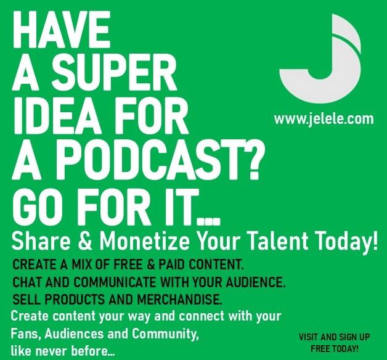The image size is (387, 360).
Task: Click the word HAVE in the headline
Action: pos(62,30)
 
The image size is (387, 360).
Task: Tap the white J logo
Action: pos(321,59)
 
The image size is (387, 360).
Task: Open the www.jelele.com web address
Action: pos(324,119)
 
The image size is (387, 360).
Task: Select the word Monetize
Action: pos(145,240)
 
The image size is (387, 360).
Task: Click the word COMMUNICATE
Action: pos(115,282)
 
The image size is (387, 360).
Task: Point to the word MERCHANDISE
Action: pos(180,300)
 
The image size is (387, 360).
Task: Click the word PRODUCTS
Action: pos(75,300)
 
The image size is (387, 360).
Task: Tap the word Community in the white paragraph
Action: pos(165,334)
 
